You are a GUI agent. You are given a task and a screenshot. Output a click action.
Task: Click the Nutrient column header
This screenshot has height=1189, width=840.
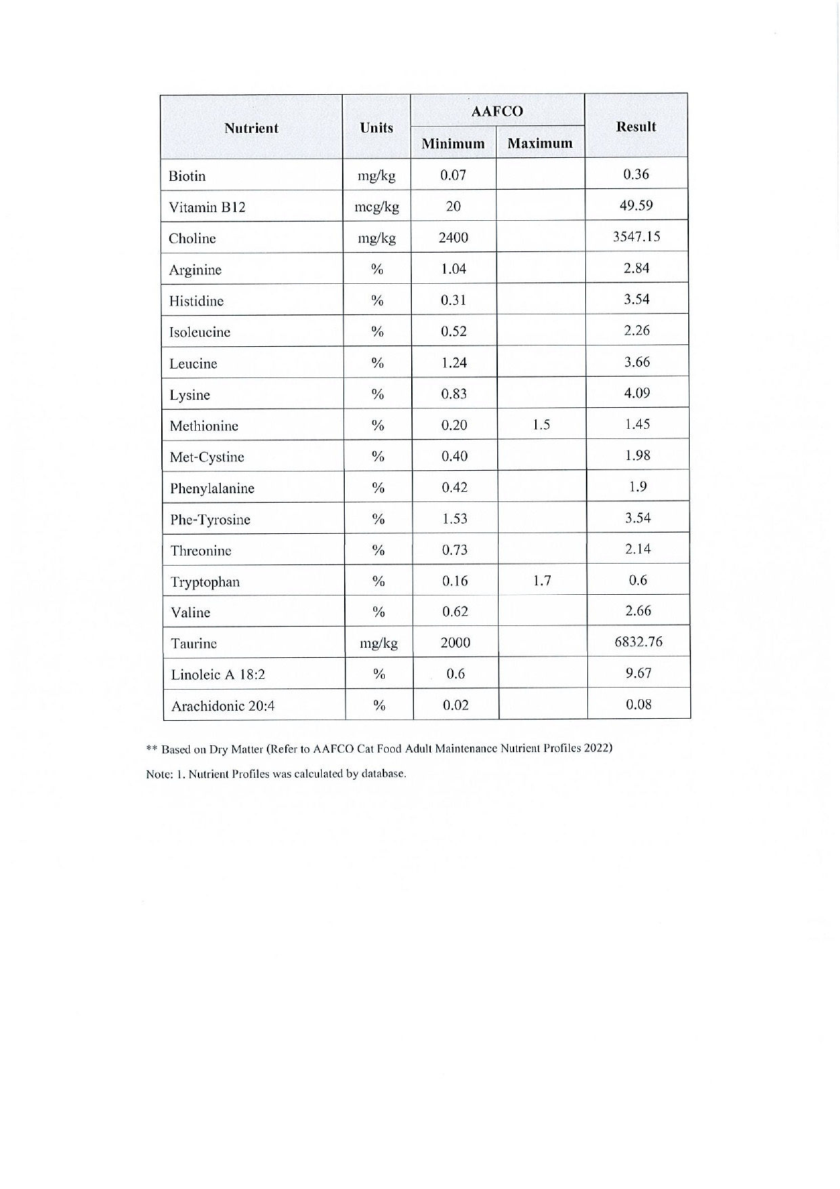click(251, 128)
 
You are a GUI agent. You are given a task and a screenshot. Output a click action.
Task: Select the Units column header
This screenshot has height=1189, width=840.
click(377, 127)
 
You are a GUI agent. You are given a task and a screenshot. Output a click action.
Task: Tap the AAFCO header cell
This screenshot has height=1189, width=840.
click(497, 111)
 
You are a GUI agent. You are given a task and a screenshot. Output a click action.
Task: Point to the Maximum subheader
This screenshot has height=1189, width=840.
click(540, 143)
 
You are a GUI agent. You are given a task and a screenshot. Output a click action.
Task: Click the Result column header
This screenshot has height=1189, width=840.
click(635, 126)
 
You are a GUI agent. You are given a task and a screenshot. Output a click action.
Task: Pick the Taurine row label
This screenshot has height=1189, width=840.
click(194, 644)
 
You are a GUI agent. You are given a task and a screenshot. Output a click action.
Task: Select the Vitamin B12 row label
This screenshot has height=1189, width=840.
click(207, 207)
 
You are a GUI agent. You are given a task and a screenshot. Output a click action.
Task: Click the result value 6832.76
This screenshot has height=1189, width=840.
click(638, 642)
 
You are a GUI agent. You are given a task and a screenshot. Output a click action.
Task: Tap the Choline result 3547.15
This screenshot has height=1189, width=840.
click(637, 236)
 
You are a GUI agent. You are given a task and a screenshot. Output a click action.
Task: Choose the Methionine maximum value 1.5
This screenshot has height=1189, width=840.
click(541, 425)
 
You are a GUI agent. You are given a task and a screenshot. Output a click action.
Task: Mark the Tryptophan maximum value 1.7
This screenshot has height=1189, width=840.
click(542, 581)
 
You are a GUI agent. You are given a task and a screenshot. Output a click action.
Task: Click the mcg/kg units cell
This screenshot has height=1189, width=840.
click(377, 207)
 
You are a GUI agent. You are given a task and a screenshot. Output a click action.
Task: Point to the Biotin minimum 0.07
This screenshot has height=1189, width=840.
click(453, 175)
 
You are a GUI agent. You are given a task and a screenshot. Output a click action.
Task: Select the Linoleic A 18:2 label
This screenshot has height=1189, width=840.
click(218, 675)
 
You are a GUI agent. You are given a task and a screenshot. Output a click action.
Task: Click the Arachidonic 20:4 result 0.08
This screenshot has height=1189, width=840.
click(639, 704)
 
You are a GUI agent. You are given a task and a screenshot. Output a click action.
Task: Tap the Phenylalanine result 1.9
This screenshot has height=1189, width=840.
click(637, 486)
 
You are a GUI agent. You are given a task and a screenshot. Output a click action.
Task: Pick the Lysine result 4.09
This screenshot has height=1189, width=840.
click(637, 393)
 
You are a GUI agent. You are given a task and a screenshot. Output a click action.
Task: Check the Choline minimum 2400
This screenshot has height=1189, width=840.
click(453, 237)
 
